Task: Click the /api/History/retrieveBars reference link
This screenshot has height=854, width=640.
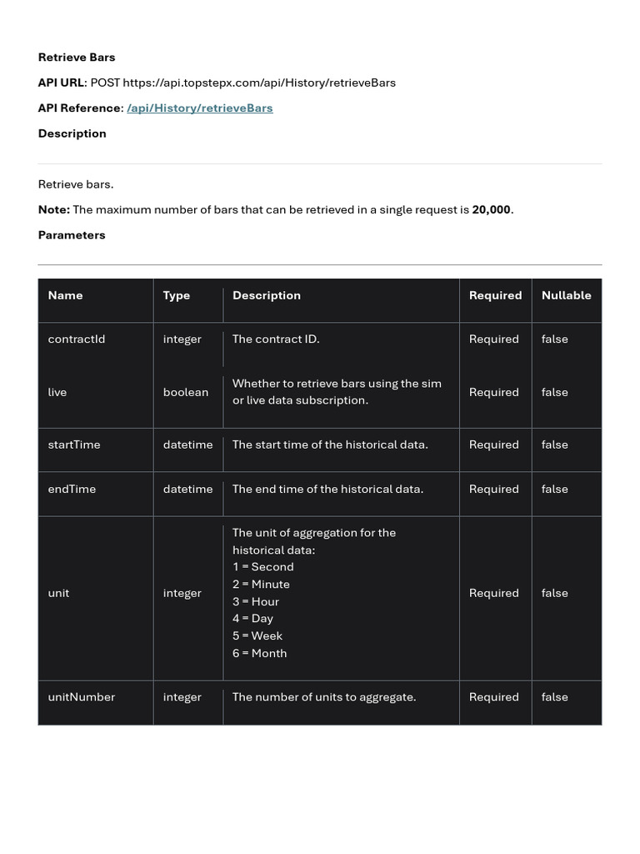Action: tap(200, 108)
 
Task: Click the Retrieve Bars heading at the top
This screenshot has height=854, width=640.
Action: tap(77, 58)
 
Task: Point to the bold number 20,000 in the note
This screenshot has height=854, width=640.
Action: tap(491, 210)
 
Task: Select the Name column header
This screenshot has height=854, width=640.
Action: tap(65, 295)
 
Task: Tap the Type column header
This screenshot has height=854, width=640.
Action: tap(177, 295)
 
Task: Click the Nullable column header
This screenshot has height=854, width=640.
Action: tap(566, 295)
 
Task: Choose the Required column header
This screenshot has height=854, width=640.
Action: tap(495, 295)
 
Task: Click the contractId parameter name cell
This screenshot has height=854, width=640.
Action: tap(77, 339)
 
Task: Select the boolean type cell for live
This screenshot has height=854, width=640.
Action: tap(186, 392)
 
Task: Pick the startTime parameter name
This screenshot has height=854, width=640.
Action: tap(74, 445)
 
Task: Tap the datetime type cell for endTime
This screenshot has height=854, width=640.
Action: tap(187, 489)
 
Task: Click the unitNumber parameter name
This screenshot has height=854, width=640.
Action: tap(82, 697)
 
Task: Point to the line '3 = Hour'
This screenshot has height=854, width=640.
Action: tap(256, 601)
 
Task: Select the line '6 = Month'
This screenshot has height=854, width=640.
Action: tap(259, 653)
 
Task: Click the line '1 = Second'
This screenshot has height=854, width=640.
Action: tap(262, 567)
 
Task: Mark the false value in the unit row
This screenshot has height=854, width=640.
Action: tap(554, 593)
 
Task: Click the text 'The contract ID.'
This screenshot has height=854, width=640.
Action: tap(276, 339)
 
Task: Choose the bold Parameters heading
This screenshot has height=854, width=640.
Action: tap(72, 235)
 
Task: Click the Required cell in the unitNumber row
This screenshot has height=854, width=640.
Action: tap(493, 697)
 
